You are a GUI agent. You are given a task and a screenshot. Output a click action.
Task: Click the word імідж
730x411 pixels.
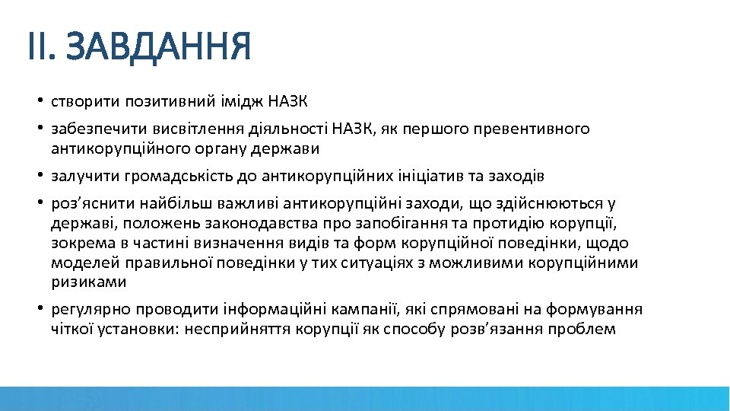point(243,101)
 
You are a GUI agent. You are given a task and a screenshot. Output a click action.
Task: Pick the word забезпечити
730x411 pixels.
point(94,129)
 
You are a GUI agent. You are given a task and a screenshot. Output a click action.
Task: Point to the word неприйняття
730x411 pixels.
point(246,329)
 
